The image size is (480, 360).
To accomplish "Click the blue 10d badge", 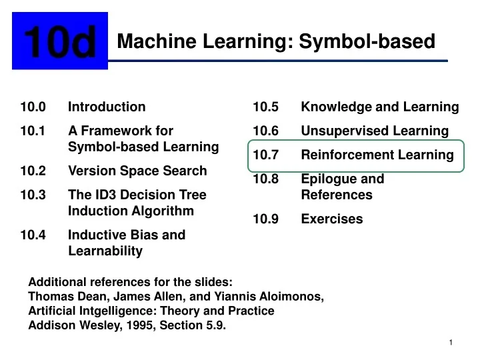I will point(60,42).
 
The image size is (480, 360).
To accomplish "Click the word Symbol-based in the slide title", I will point(367,42).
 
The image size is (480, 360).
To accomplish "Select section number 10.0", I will point(33,107).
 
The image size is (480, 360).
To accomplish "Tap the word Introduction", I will point(107,107).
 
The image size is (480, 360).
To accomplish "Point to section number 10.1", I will point(33,131).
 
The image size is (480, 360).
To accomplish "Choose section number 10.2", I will point(33,171).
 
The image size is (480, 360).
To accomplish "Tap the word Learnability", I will point(105,251).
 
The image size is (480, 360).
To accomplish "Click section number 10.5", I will point(266,107).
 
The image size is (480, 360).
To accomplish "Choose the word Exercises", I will point(332,219).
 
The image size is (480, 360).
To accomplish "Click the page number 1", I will point(451,342).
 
